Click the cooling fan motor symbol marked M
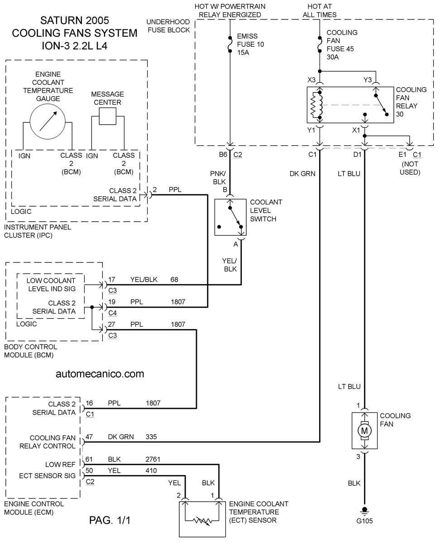coord(364,431)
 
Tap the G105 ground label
coord(364,521)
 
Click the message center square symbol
coord(108,116)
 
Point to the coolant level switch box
coord(230,217)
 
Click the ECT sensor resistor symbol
coord(202,520)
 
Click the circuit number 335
coord(151,436)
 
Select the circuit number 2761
coord(153,459)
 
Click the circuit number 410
coord(151,470)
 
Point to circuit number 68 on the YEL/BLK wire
coord(174,280)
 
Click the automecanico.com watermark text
coord(100,373)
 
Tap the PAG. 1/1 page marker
coord(110,520)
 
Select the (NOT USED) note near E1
coord(410,168)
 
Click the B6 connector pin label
coord(223,155)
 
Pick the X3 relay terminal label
coord(311,80)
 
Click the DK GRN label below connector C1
coord(302,174)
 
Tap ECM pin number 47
coord(89,436)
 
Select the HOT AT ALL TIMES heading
coord(319,10)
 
